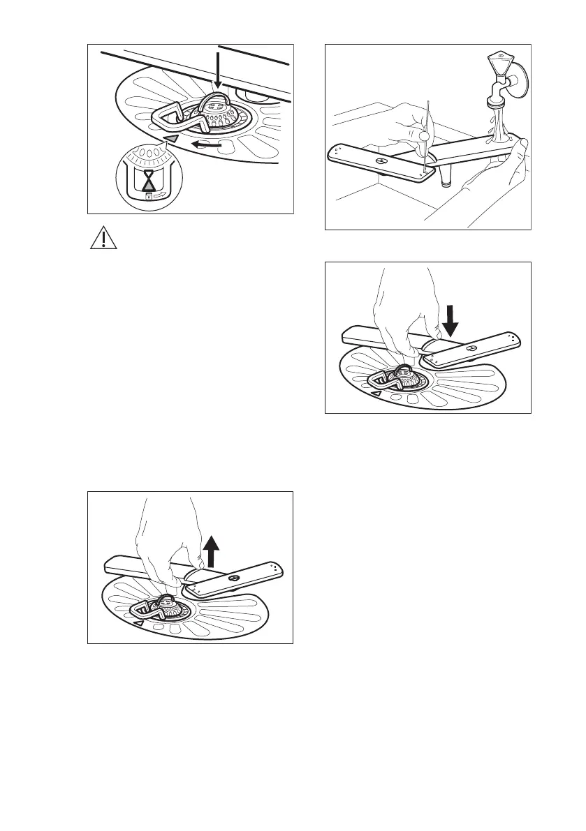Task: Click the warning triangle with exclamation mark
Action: click(101, 239)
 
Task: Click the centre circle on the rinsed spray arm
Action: click(381, 161)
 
